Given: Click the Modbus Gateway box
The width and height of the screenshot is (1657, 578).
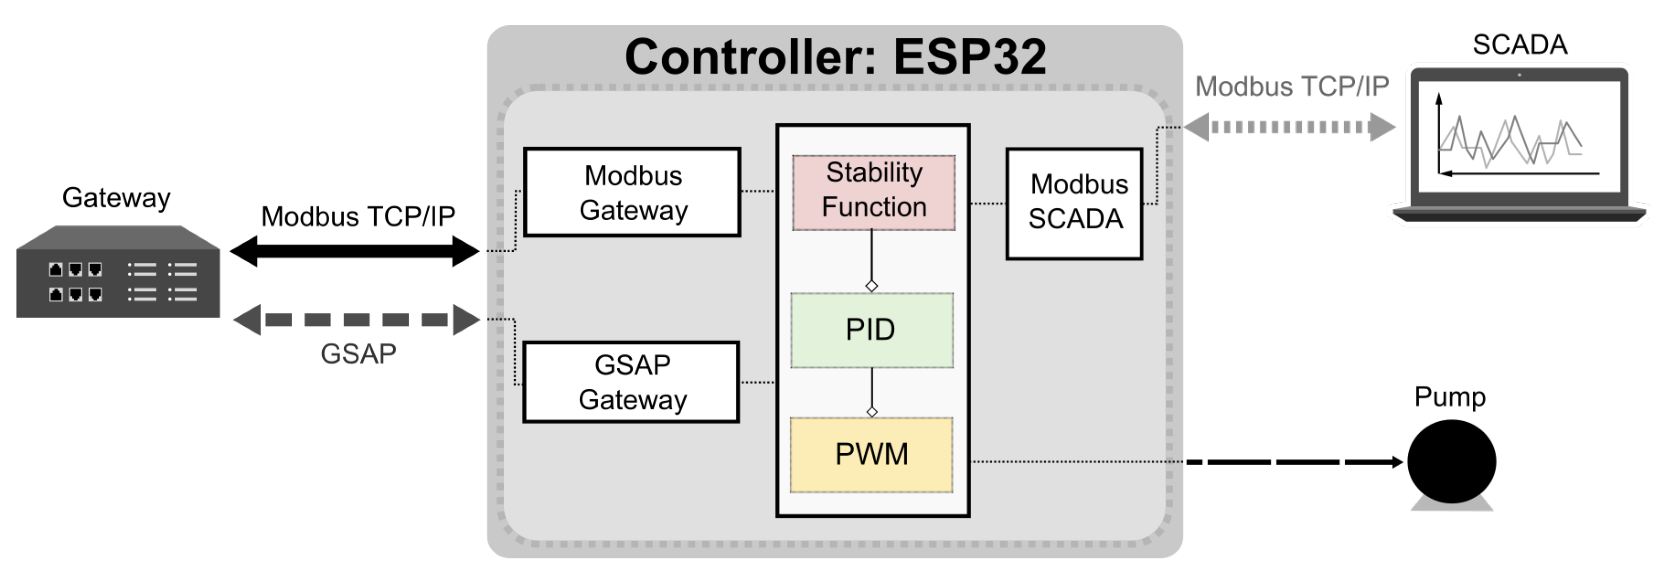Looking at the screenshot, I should (632, 192).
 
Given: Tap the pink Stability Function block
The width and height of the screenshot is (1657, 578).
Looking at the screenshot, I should (873, 192).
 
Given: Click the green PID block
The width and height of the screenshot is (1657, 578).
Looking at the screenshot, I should (871, 330).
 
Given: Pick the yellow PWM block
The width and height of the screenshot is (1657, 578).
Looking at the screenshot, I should (871, 455).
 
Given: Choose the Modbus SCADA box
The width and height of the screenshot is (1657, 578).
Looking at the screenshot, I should (1074, 203).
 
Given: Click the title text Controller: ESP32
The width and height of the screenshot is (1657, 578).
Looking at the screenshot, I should (835, 57).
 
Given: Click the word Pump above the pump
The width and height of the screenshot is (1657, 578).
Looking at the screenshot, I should (1450, 397).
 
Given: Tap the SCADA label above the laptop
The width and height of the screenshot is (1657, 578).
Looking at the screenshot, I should (1520, 45).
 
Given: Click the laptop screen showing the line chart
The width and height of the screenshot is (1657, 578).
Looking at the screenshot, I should (1519, 136).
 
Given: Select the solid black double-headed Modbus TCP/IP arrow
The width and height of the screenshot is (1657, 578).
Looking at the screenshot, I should (354, 251).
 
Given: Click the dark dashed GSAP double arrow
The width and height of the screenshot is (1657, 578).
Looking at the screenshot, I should (356, 319).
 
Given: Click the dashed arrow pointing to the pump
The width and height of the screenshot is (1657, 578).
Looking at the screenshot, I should (1293, 461).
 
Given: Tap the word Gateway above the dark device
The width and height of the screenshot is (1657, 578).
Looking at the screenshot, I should (117, 197).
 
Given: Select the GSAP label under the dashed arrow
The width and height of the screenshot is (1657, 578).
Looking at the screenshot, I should (358, 354).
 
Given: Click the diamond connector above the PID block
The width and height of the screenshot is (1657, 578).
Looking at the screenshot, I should (871, 286).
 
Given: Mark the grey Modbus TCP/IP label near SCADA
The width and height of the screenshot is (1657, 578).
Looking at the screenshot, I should (1292, 86).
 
